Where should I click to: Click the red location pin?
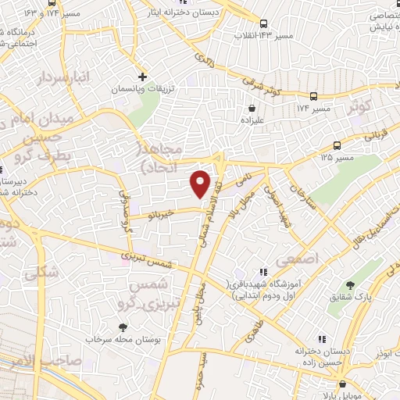201,183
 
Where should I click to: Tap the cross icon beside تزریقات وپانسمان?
141,77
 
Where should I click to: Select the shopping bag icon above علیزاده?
252,109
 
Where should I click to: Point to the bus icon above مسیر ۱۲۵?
337,146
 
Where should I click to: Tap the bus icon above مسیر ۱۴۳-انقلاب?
263,23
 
